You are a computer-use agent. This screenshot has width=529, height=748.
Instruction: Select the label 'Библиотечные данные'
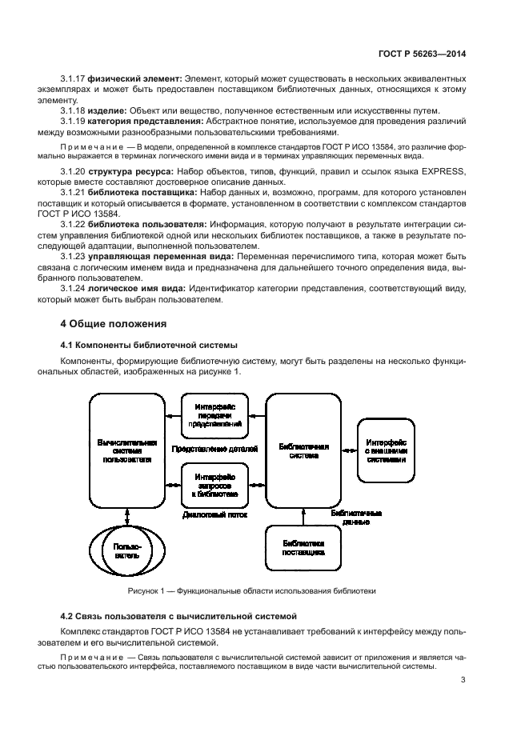click(355, 516)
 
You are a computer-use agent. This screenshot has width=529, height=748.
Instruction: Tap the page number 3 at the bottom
click(463, 681)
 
